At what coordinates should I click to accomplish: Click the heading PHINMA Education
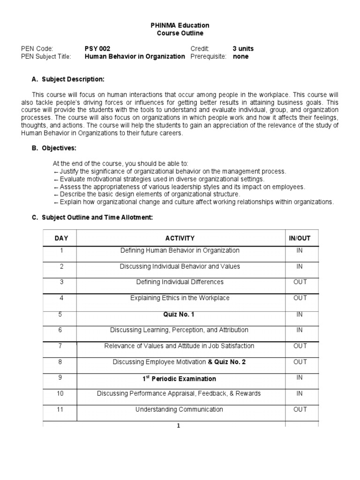point(180,25)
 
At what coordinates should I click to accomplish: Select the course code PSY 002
point(97,49)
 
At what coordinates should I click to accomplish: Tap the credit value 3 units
point(243,49)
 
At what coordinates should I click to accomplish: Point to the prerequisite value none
point(240,57)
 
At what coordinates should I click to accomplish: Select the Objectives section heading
point(60,148)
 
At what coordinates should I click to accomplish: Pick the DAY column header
point(61,238)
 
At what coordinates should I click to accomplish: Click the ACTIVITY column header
point(180,238)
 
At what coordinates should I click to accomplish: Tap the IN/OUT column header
point(300,238)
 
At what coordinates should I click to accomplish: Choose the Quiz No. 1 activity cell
point(180,315)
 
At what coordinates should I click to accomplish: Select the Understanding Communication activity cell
point(180,410)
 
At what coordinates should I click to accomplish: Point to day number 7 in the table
point(61,345)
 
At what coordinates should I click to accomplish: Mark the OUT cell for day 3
point(300,282)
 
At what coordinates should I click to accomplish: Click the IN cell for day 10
point(300,393)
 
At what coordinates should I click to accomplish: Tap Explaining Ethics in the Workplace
point(180,298)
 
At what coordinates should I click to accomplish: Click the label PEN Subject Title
point(46,57)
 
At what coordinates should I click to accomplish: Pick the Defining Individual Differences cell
point(180,282)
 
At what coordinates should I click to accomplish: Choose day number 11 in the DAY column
point(60,409)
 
